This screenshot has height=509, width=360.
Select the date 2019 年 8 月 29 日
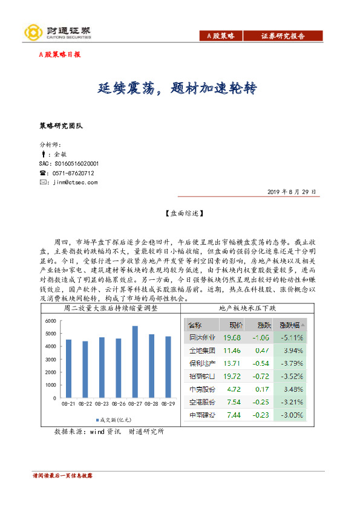tap(292, 192)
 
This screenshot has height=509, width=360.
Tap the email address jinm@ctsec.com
tap(74, 182)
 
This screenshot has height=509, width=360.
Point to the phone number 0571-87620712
tap(73, 173)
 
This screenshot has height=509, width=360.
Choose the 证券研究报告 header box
tap(283, 36)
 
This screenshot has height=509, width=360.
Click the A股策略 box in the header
tap(220, 36)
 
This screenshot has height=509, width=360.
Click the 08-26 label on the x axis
tap(118, 403)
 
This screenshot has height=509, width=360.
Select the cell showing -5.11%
tap(290, 337)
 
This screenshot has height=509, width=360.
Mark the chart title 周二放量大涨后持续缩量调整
tap(110, 308)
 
